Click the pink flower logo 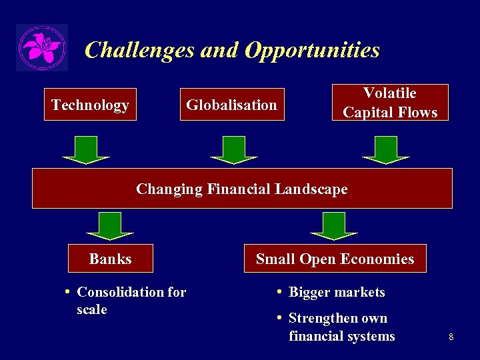tap(41, 48)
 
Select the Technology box tap(90, 105)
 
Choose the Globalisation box tap(231, 105)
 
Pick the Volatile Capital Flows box tap(390, 103)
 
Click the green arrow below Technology tap(86, 149)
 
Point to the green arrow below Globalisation tap(233, 149)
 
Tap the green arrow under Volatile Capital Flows tap(386, 149)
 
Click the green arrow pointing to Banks tap(110, 225)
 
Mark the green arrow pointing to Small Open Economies tap(334, 225)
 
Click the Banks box tap(111, 259)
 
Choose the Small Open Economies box tap(335, 259)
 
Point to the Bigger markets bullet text tap(337, 292)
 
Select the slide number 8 tap(451, 337)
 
